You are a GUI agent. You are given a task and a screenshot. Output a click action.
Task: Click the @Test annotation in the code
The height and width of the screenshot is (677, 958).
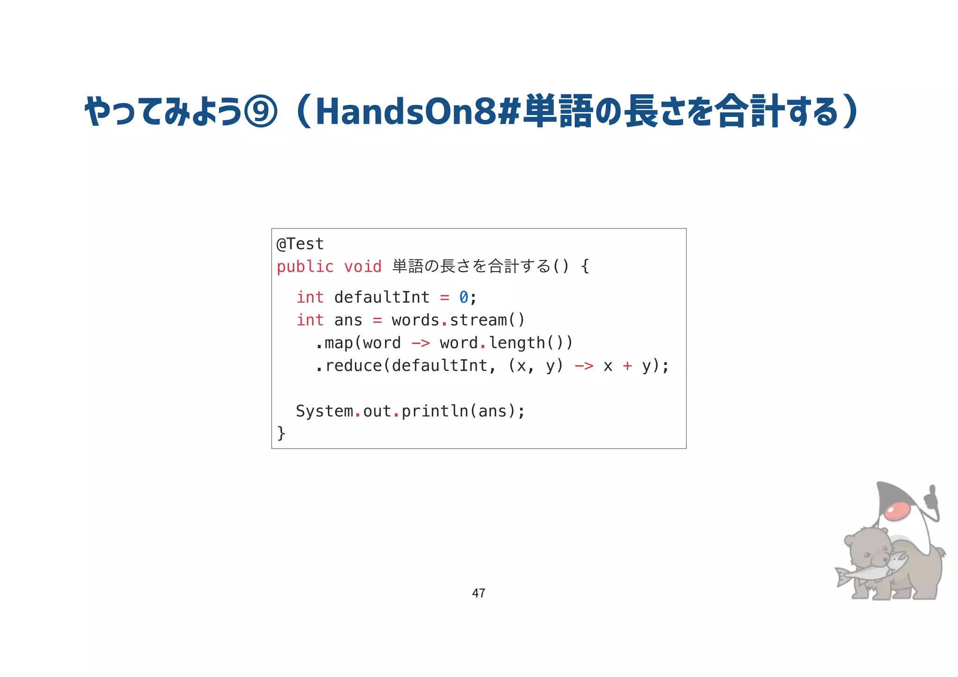click(x=300, y=244)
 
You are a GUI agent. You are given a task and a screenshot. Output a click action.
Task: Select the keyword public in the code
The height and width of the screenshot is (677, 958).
click(x=305, y=267)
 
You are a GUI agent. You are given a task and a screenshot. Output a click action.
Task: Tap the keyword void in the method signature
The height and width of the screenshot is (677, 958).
click(x=363, y=267)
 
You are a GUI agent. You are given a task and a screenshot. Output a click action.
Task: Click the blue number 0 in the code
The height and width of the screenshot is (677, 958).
click(x=464, y=297)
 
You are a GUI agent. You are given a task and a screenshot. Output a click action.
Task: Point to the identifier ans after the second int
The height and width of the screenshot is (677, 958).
click(x=348, y=320)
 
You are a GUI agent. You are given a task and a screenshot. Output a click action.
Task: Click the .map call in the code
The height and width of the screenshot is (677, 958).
click(x=334, y=343)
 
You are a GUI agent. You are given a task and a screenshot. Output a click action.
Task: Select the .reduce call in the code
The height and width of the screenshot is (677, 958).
click(x=349, y=366)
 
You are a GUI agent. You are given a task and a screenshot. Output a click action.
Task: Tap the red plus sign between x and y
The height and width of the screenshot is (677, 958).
click(x=627, y=366)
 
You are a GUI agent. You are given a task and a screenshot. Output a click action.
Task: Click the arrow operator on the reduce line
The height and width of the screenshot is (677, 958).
click(x=584, y=366)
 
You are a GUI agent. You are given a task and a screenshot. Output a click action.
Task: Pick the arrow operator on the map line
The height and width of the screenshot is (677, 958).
click(x=421, y=343)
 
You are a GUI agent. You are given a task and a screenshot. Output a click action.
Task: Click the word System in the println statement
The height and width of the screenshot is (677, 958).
click(x=324, y=411)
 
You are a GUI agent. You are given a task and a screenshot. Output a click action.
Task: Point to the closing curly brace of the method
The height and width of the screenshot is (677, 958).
click(x=281, y=433)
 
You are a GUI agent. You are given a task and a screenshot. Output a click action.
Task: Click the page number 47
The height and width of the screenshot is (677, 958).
click(x=479, y=593)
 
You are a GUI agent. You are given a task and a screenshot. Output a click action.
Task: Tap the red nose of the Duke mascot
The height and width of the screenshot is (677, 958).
click(x=898, y=511)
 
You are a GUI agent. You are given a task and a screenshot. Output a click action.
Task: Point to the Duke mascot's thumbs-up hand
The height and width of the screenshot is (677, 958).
click(x=931, y=501)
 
